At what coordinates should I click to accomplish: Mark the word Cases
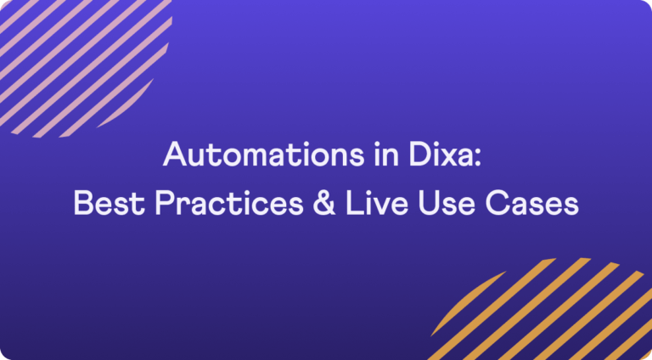coord(532,204)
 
